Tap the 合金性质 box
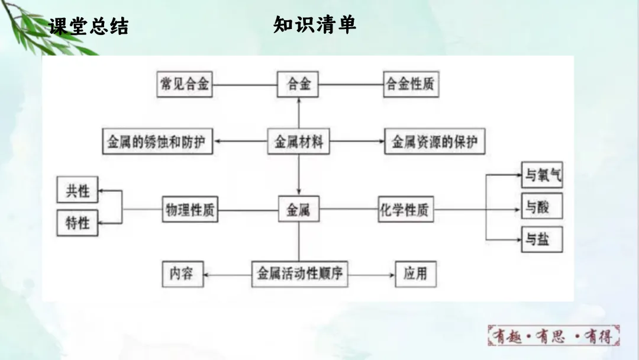tap(411, 84)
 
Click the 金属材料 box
tap(299, 143)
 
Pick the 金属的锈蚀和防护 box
tap(157, 143)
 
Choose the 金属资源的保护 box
tap(434, 143)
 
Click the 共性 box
tap(78, 191)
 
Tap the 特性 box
tap(78, 223)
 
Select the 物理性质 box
tap(190, 210)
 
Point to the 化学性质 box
tap(406, 210)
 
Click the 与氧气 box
tap(541, 175)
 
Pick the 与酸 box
tap(541, 207)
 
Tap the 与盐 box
tap(541, 240)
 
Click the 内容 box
tap(183, 274)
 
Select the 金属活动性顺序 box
tap(299, 274)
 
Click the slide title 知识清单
tap(315, 25)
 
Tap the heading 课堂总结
tap(89, 27)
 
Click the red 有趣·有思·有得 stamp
tap(554, 336)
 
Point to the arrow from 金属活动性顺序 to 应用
tap(372, 275)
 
